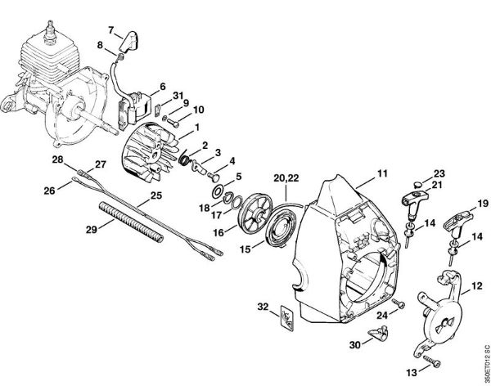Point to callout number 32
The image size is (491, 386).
tap(263, 307)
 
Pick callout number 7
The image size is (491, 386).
tap(134, 29)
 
